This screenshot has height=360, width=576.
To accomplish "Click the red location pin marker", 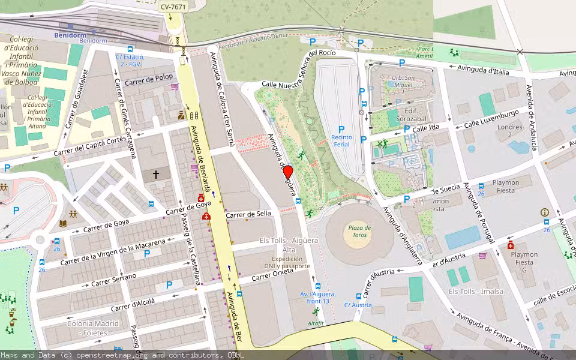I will (287, 173).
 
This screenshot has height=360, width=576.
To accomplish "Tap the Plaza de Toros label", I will (359, 232).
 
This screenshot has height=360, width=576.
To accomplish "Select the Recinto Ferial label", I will (341, 141).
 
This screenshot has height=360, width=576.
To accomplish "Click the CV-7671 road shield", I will (173, 7).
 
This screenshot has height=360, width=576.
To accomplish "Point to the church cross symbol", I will (156, 175).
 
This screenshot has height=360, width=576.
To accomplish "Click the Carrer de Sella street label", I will (248, 214).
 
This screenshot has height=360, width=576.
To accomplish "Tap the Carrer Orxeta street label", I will (272, 274).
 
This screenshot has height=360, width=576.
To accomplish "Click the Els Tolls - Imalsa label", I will (476, 292).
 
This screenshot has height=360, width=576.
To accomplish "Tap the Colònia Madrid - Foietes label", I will (89, 328).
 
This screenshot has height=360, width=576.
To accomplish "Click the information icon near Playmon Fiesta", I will (545, 212).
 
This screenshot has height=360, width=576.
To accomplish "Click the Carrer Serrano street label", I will (115, 279).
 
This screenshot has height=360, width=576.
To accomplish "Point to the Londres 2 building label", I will (510, 131).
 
